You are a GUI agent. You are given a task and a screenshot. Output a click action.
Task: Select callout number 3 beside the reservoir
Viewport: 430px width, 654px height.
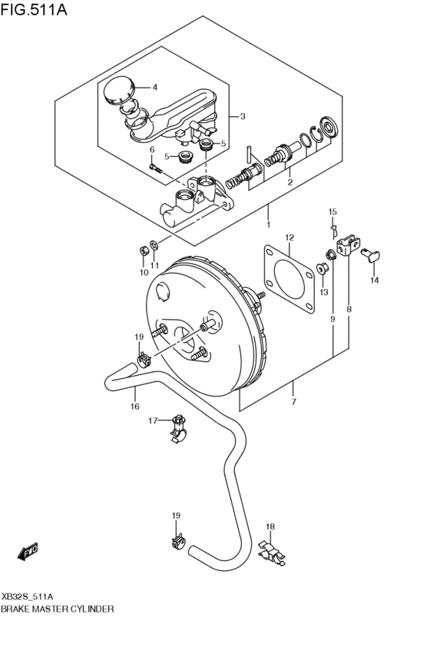242,117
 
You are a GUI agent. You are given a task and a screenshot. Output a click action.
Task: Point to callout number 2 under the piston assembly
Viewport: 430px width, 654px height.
289,182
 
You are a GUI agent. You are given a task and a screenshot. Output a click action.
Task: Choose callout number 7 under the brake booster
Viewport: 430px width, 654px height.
293,401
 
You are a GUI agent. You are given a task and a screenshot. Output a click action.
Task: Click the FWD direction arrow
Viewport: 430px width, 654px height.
29,550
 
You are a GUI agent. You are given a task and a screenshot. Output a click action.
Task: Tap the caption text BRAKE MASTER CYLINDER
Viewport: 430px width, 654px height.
58,608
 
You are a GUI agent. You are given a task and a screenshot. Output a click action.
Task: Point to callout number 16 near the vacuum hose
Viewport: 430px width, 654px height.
134,407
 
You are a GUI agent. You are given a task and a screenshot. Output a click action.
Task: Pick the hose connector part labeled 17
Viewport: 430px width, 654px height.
180,427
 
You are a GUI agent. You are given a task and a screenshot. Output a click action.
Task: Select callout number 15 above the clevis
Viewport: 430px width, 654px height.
332,211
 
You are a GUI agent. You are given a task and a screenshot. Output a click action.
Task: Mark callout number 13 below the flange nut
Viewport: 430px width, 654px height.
323,292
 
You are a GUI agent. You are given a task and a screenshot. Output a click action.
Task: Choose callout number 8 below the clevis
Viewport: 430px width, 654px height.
349,309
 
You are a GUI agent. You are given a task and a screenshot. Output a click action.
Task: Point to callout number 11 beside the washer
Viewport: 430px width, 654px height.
154,265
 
